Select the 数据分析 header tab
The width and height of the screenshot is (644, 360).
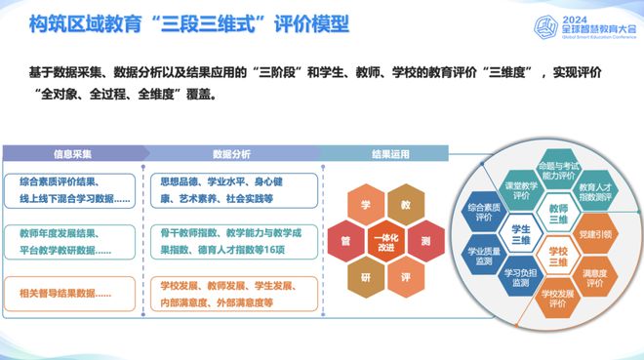tap(230, 154)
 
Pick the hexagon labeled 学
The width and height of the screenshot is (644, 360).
tap(366, 207)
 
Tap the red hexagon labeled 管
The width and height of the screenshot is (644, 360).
tap(345, 240)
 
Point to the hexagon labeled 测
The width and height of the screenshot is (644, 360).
tap(425, 240)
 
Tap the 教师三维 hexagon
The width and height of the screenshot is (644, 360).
tap(558, 214)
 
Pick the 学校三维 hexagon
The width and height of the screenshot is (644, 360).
tap(558, 257)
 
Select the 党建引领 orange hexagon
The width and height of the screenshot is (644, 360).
tap(594, 235)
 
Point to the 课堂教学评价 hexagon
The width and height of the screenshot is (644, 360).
tap(522, 191)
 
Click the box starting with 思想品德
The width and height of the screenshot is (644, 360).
tap(230, 187)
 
